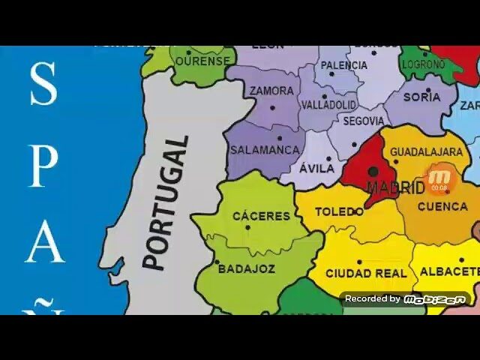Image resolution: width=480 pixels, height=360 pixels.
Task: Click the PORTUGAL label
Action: [x=166, y=202]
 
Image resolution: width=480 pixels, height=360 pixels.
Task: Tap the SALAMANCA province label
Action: [x=265, y=150]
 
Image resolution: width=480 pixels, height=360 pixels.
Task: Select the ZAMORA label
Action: [x=271, y=91]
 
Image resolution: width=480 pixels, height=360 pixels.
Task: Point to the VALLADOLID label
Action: [x=328, y=106]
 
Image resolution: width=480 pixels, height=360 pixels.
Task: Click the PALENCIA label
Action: [x=344, y=65]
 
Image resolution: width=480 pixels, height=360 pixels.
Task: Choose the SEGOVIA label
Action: [x=364, y=121]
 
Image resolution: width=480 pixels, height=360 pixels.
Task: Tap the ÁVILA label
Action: [x=316, y=169]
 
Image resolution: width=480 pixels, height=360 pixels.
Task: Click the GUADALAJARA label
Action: [x=426, y=152]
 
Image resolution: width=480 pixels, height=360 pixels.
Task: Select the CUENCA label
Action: [x=442, y=206]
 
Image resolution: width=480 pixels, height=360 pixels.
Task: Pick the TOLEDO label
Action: [x=339, y=212]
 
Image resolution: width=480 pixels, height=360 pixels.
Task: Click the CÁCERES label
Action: [x=261, y=216]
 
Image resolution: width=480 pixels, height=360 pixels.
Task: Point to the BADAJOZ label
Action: [x=247, y=268]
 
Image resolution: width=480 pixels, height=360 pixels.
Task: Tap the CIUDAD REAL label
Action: [x=366, y=274]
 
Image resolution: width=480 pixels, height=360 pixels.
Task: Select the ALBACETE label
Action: [x=448, y=271]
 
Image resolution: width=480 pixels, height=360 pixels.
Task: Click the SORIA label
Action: [x=421, y=97]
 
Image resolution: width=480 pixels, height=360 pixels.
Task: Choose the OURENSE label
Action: [x=202, y=60]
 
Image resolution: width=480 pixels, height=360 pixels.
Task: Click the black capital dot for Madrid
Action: [x=373, y=172]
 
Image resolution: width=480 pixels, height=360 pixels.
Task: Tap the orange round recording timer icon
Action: [x=439, y=180]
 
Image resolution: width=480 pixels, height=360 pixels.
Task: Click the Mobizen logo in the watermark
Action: [x=434, y=299]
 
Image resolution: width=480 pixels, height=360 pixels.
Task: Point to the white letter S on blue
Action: [x=43, y=84]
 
